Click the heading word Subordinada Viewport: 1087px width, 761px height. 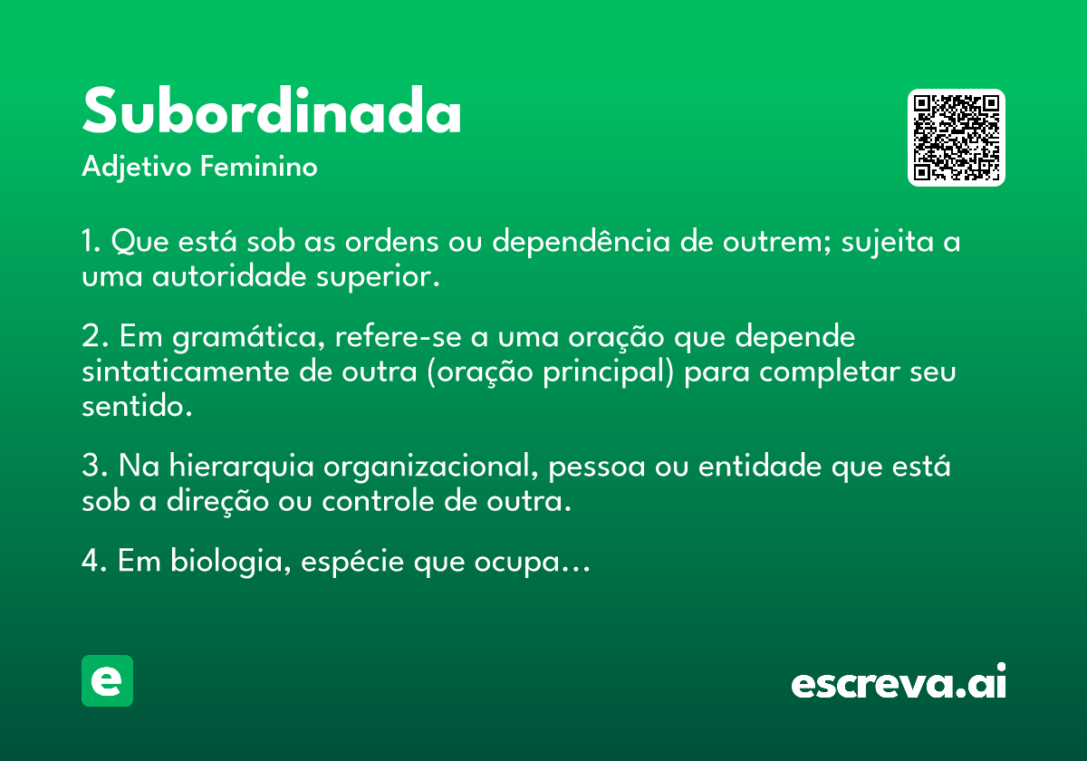point(272,111)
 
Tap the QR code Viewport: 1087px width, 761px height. point(956,138)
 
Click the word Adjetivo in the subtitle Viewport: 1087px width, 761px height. point(137,168)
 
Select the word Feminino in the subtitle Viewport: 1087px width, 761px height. point(259,166)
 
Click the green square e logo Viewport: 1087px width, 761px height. point(107,680)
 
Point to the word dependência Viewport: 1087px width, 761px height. point(582,241)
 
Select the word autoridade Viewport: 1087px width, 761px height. point(229,276)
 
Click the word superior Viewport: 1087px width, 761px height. point(378,277)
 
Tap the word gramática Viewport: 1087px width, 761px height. point(248,337)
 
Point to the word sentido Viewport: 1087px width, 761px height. point(137,406)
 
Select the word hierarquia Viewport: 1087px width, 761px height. point(241,467)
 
